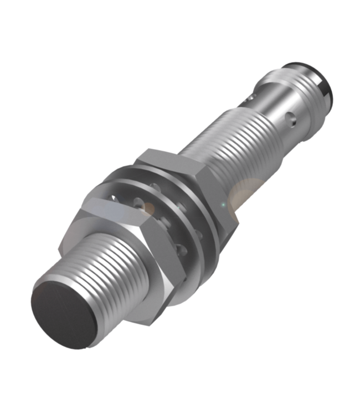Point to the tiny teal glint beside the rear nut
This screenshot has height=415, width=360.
click(223, 205)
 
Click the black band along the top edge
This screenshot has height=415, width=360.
click(180, 14)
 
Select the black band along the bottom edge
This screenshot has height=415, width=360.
click(180, 401)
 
